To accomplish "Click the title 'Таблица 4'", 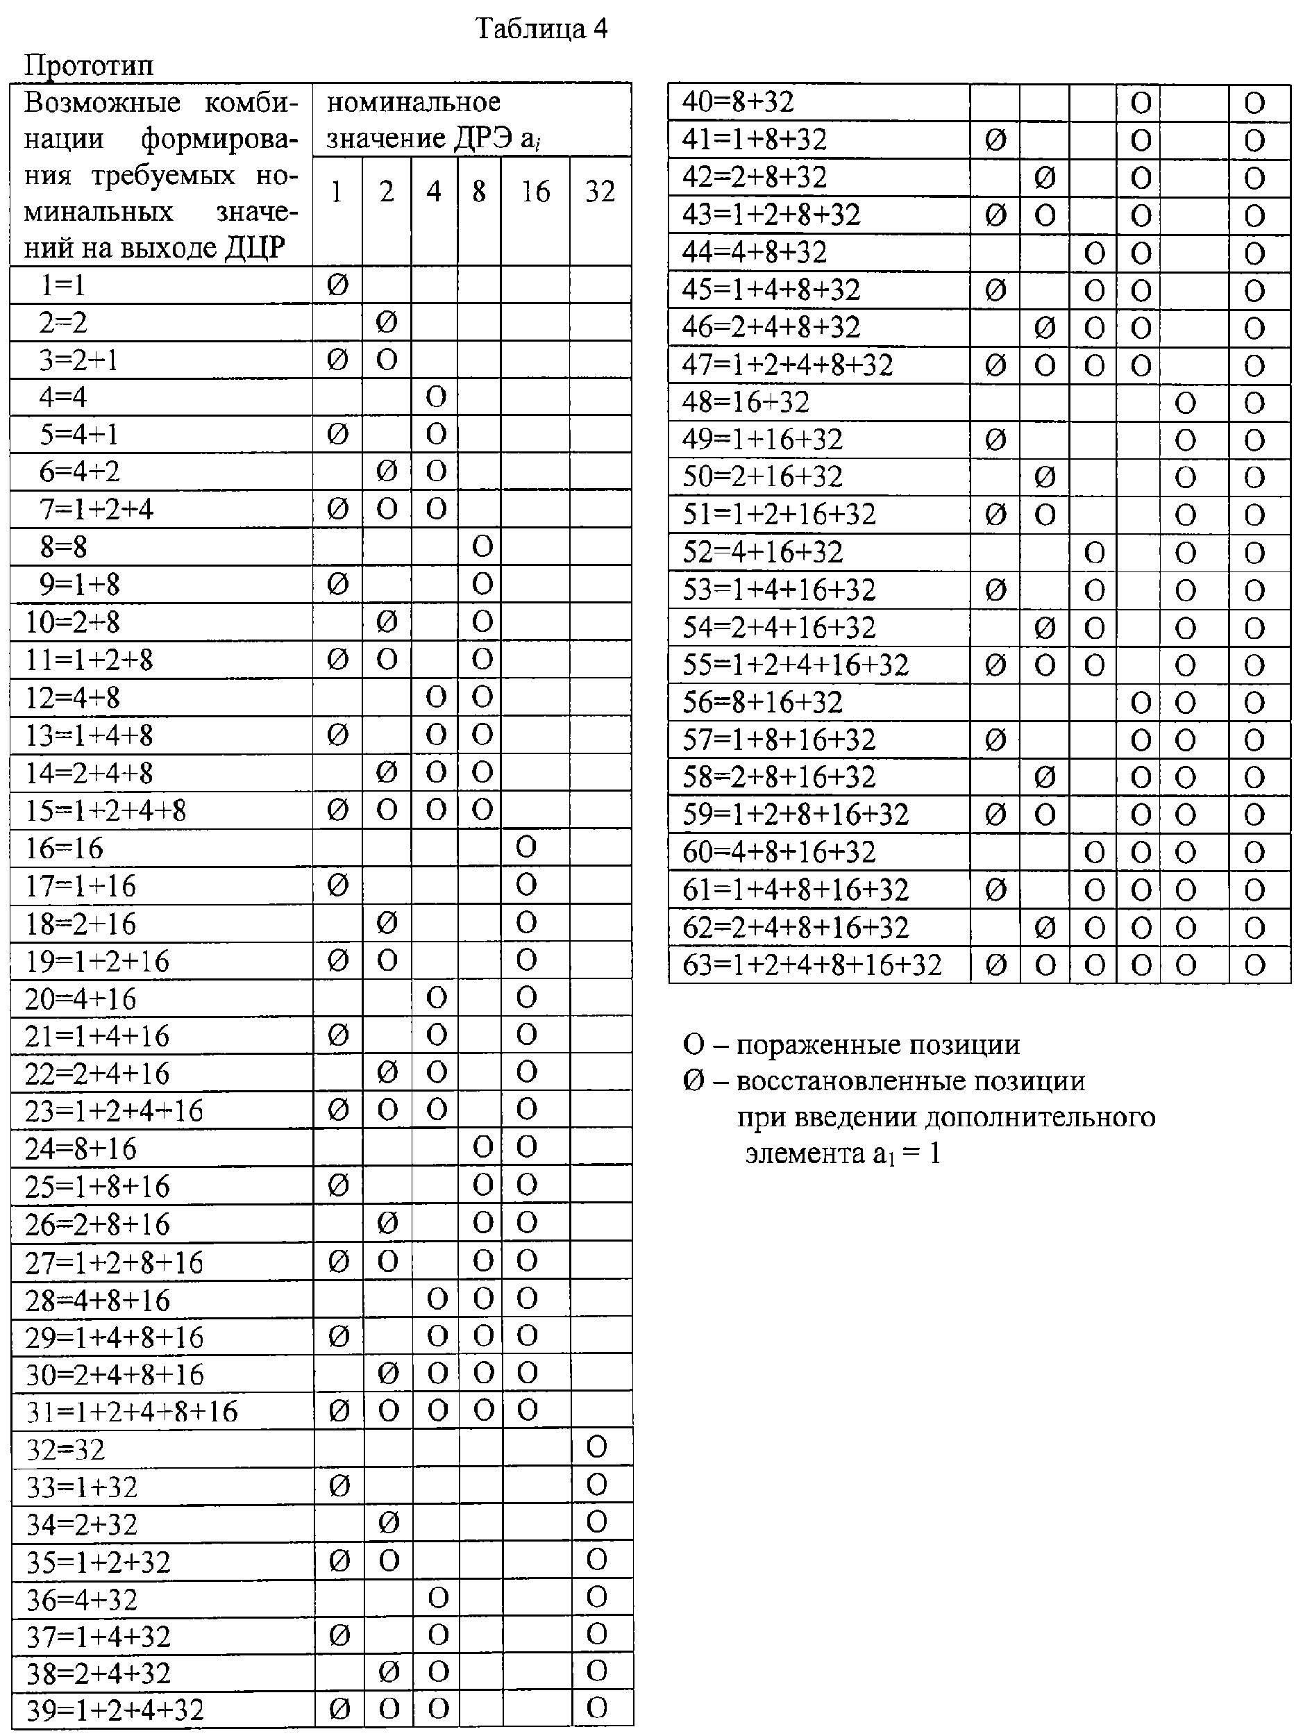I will tap(541, 29).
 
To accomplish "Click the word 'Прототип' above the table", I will tap(89, 65).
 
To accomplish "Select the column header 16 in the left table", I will tap(535, 192).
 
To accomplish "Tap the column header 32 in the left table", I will tap(600, 192).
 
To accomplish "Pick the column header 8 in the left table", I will tap(478, 192).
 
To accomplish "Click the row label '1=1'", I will tap(62, 285).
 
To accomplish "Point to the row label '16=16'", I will tap(64, 849).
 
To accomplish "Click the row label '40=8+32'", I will tap(737, 102).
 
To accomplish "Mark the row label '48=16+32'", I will tap(746, 402).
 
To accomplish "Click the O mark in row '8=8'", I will tap(482, 547).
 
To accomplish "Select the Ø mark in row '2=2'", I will tap(386, 322).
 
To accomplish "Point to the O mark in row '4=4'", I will tap(435, 397).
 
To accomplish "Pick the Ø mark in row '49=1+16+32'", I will tap(995, 440).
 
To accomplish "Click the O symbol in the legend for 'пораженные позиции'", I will tap(693, 1044).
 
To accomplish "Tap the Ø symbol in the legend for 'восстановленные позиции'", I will tap(693, 1081).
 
